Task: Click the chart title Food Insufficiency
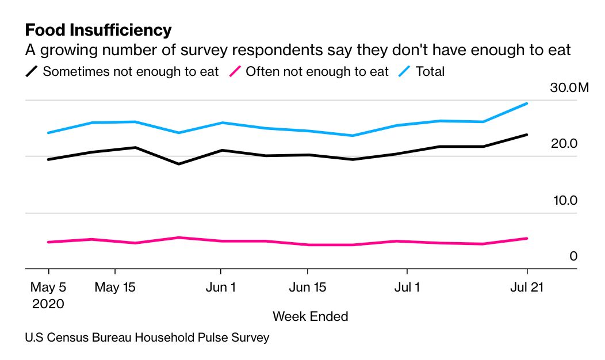point(98,29)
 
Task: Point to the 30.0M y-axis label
point(569,88)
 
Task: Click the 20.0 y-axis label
point(564,144)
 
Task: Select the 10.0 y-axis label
point(564,200)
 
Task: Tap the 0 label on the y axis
point(573,256)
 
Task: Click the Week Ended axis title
point(310,316)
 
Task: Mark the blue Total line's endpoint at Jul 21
point(527,104)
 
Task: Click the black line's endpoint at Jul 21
point(527,135)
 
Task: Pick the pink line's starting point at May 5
point(48,242)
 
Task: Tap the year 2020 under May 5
point(48,303)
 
